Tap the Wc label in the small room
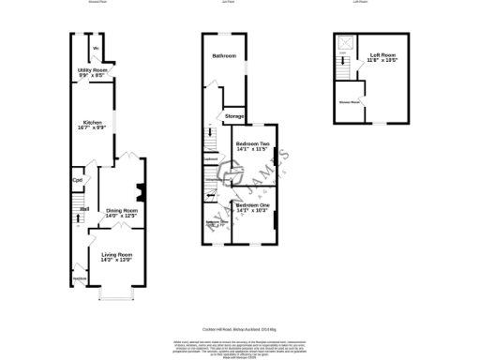(x=96, y=48)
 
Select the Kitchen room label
(x=92, y=122)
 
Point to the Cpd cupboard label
(x=78, y=181)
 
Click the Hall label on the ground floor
(x=83, y=209)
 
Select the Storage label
(x=234, y=115)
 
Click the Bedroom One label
(x=251, y=205)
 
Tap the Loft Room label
(x=382, y=55)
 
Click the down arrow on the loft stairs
(x=344, y=64)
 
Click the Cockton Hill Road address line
(x=240, y=326)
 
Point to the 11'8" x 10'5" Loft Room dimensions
(x=382, y=61)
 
